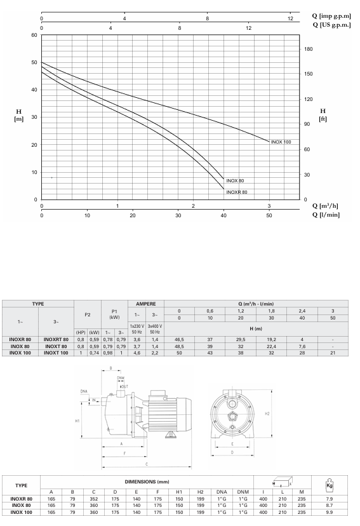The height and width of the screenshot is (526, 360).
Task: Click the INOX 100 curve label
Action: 281,142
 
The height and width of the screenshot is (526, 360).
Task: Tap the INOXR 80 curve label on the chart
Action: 237,192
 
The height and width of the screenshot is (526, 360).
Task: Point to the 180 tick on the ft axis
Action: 308,49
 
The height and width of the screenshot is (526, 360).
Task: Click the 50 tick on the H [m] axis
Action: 34,62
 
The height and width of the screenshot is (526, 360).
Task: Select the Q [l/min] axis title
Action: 326,215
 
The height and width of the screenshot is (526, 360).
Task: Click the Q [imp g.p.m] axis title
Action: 331,16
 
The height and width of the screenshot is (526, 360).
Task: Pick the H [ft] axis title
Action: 323,115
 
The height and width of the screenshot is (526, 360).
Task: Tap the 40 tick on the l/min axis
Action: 223,215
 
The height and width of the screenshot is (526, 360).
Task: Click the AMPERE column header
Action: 146,304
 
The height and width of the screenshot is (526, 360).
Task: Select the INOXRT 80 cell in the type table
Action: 56,339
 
